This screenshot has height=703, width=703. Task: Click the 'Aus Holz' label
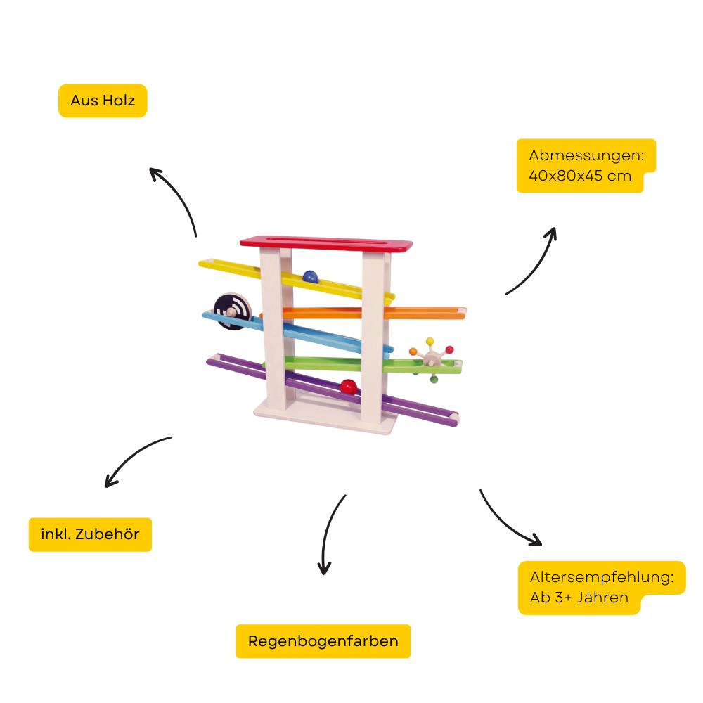(103, 101)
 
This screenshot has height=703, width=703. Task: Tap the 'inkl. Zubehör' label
(90, 534)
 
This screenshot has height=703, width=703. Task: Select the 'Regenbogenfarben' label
(323, 641)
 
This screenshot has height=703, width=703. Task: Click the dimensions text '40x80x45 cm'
(580, 176)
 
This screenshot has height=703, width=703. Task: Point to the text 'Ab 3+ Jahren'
(579, 599)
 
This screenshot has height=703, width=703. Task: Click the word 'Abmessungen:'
(591, 155)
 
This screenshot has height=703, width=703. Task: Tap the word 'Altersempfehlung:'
(602, 577)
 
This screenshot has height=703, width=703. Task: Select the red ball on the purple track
(348, 386)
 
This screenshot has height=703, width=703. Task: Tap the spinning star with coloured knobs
(430, 359)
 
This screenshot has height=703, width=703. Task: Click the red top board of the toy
(325, 243)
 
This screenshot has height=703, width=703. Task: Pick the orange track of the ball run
(429, 312)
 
